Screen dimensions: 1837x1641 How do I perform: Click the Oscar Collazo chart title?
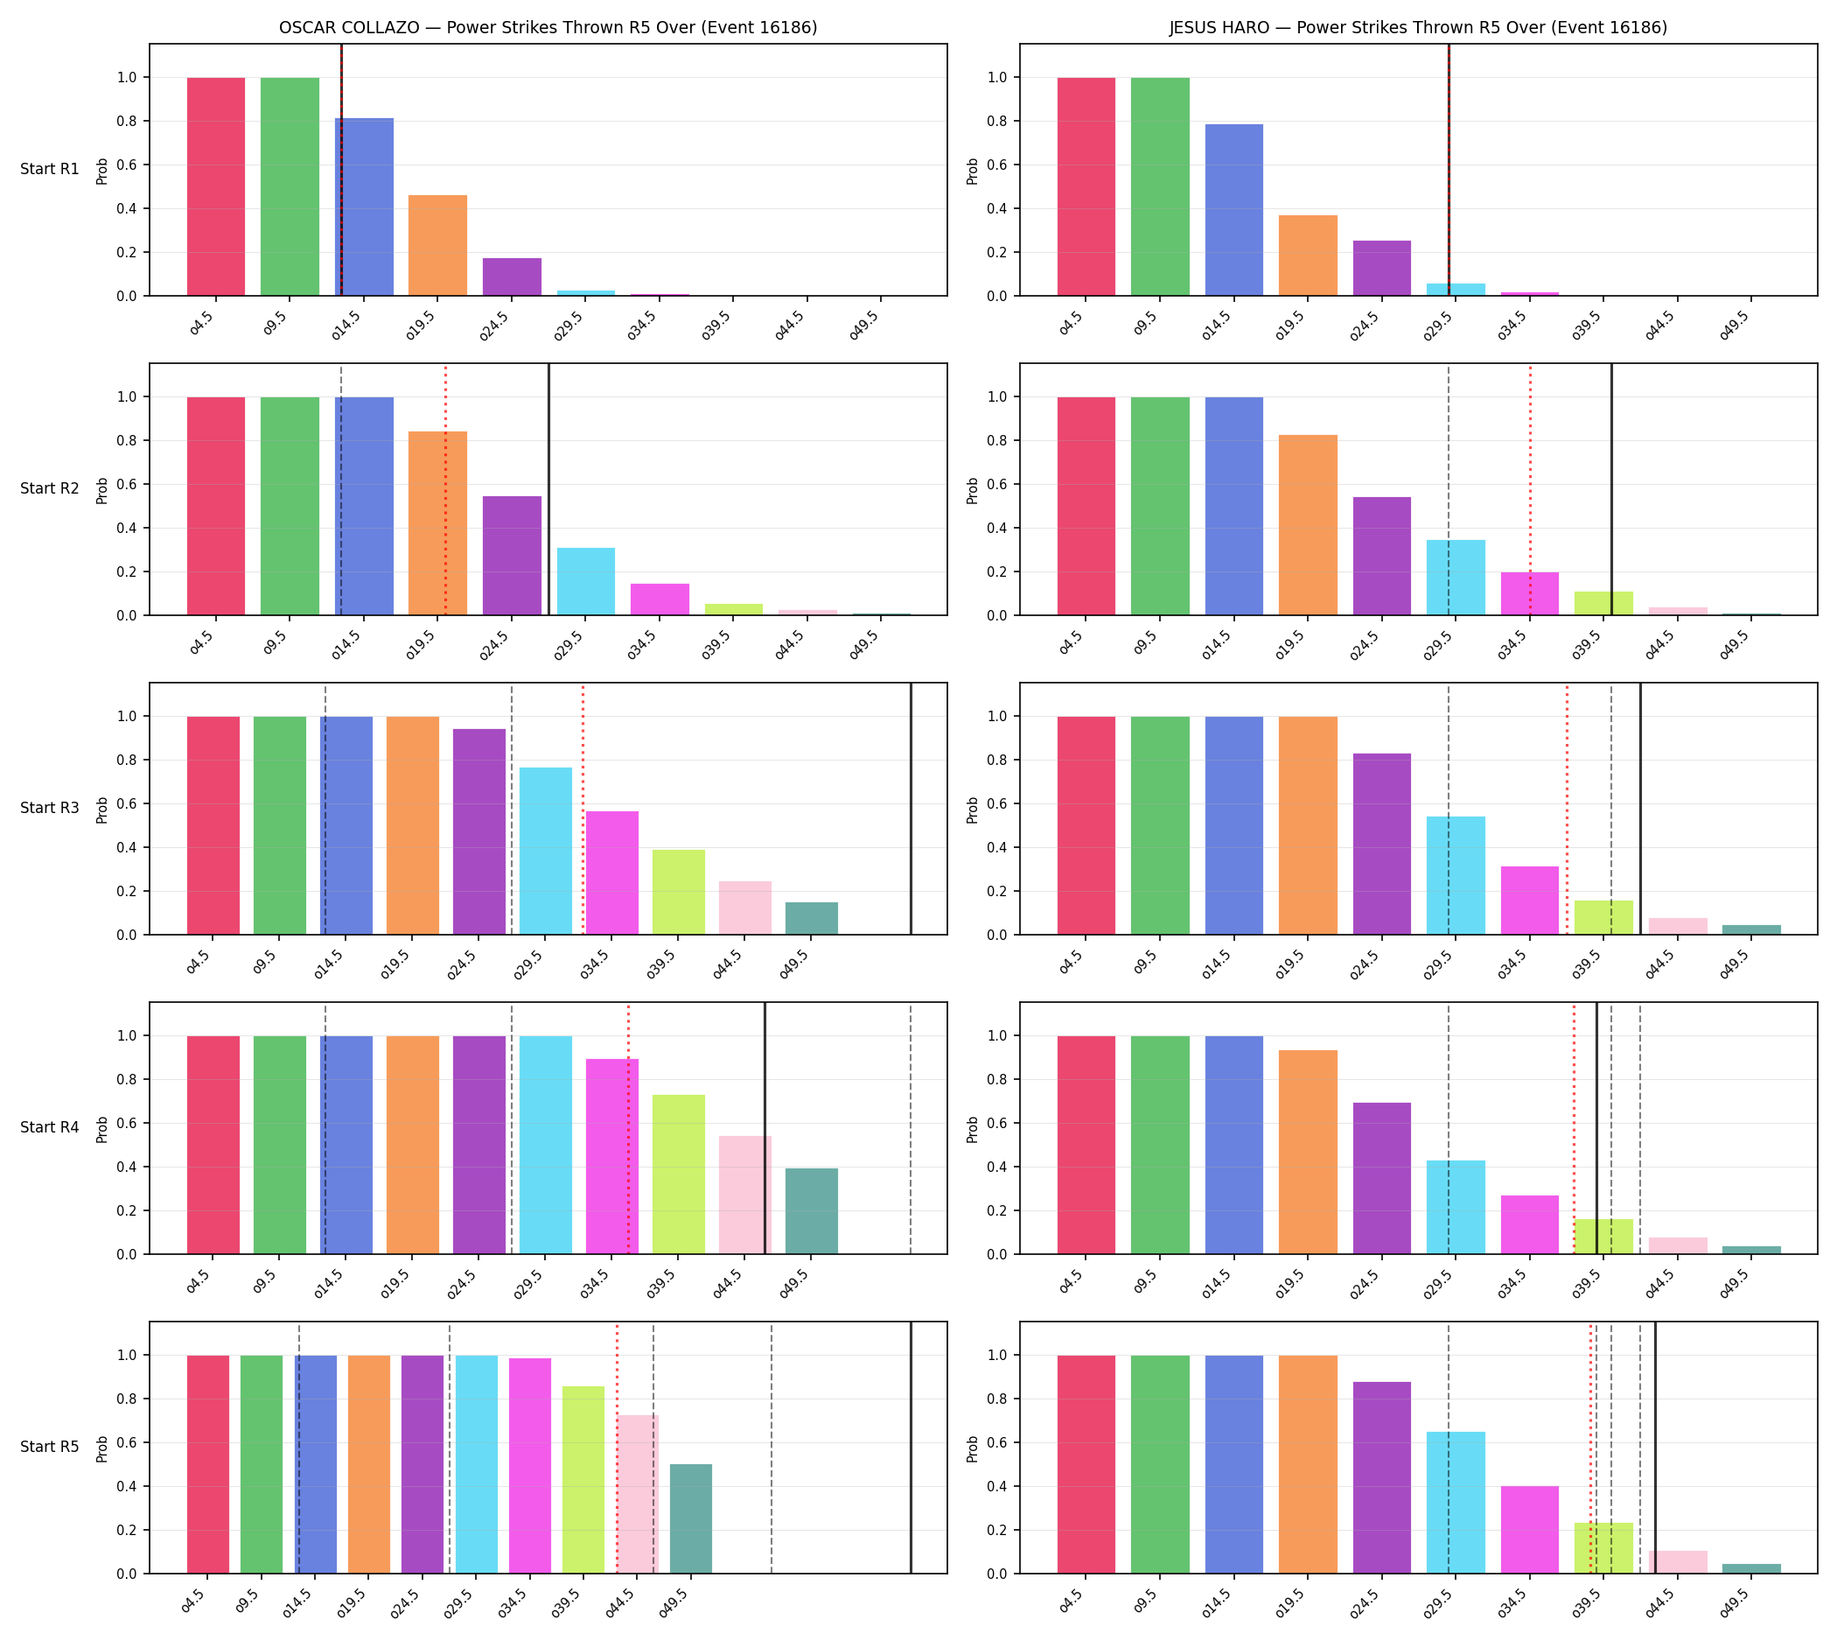pos(548,28)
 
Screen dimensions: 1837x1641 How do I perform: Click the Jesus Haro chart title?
pos(1418,28)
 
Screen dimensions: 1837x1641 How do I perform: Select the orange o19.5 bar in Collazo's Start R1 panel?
pos(437,245)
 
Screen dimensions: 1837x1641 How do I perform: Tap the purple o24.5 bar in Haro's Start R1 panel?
pos(1382,268)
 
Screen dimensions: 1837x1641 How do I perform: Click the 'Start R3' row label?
pos(50,808)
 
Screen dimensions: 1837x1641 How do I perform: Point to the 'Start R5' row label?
pos(50,1446)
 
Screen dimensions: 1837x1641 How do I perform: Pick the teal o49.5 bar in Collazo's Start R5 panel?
pos(690,1519)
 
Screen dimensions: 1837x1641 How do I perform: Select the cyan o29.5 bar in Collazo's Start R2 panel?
pos(586,581)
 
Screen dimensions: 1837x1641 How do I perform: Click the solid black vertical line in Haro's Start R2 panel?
pos(1611,489)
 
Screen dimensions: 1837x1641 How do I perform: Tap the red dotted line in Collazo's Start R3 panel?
pos(583,809)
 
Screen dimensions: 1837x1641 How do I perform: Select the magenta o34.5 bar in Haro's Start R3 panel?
pos(1530,901)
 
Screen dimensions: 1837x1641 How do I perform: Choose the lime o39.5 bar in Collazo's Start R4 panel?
pos(679,1175)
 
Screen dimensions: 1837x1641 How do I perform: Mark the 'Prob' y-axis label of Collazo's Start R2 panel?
pos(101,490)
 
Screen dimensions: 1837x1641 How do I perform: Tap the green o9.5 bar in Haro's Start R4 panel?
pos(1160,1145)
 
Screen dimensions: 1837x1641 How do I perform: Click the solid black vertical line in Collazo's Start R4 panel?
pos(765,1128)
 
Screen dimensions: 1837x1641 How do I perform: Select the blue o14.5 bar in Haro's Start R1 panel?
pos(1234,210)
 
